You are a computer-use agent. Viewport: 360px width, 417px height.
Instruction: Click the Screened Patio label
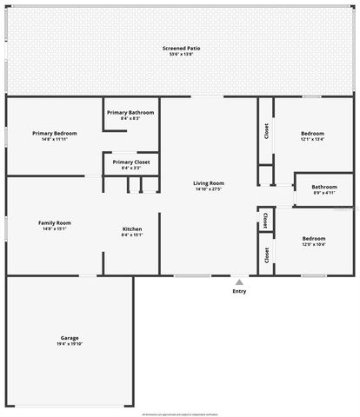point(181,48)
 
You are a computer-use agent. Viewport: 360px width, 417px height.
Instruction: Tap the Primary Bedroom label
point(55,133)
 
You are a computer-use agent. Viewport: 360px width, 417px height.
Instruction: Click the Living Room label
point(209,183)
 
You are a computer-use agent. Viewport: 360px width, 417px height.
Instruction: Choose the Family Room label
point(55,223)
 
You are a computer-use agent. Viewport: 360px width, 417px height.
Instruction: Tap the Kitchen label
point(131,228)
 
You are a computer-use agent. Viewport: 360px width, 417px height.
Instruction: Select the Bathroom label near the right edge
point(324,187)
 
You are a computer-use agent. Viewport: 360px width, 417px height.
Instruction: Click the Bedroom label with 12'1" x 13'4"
point(312,135)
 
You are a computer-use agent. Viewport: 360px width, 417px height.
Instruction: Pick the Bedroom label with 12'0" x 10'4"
point(313,238)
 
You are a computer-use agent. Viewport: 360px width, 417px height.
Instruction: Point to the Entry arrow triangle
point(239,281)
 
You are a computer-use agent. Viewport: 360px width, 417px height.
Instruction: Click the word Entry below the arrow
point(239,291)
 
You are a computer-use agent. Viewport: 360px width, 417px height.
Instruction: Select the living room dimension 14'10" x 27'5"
point(209,189)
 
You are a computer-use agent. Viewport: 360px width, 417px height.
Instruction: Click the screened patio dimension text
point(181,54)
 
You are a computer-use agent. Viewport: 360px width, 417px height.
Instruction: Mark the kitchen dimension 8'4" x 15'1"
point(131,235)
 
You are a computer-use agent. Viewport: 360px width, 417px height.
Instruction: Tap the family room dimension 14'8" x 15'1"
point(55,229)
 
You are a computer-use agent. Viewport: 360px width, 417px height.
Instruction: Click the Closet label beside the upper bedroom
point(266,131)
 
